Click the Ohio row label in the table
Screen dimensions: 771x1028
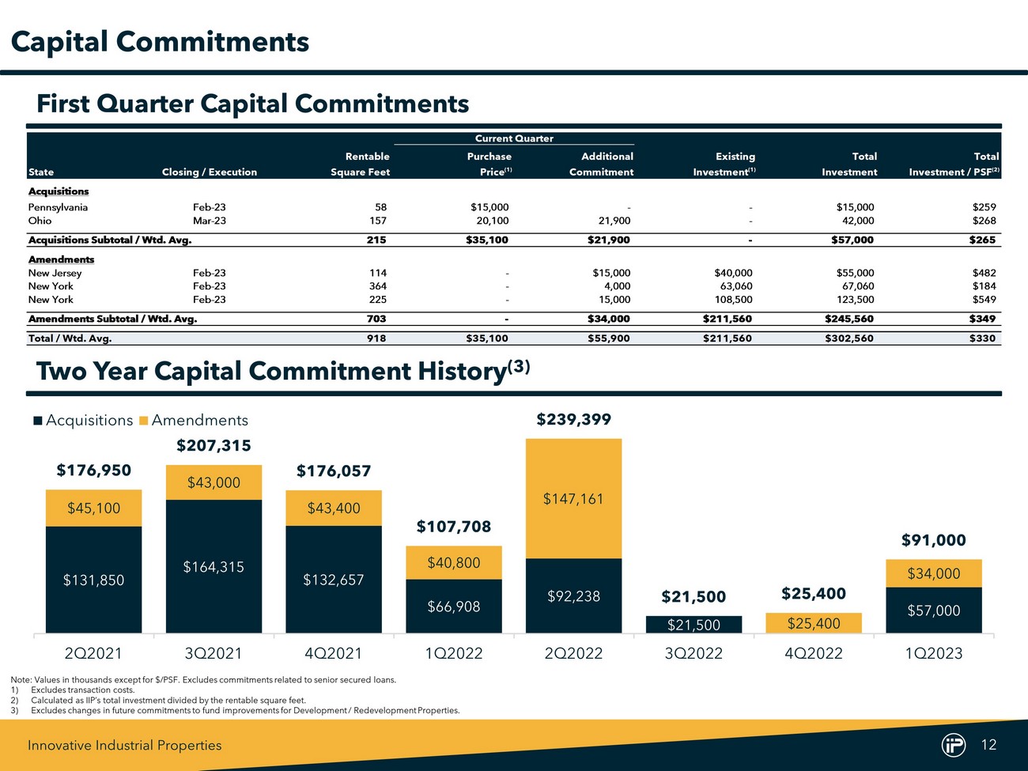[40, 221]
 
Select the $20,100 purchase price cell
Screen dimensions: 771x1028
[490, 221]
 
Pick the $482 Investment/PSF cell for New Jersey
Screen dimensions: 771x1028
[984, 273]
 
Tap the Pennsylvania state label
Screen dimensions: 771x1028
[58, 207]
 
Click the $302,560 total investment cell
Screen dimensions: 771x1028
[850, 338]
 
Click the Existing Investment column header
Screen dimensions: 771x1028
[724, 164]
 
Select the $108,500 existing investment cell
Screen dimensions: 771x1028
[733, 300]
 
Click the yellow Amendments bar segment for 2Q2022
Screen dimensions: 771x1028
[573, 498]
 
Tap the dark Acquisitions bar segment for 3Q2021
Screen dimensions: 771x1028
[214, 566]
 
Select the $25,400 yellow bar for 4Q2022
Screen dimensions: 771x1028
[814, 623]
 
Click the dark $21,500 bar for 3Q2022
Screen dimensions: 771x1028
[694, 625]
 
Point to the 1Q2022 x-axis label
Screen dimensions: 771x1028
[454, 653]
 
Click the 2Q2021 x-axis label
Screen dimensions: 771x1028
[93, 653]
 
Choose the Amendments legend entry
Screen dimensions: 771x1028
[194, 421]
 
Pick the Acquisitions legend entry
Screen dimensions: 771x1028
[83, 421]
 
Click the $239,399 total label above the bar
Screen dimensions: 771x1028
[573, 419]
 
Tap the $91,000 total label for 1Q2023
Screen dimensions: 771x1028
[934, 540]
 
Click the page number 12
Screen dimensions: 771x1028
[988, 744]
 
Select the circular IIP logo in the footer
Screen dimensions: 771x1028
[954, 745]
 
